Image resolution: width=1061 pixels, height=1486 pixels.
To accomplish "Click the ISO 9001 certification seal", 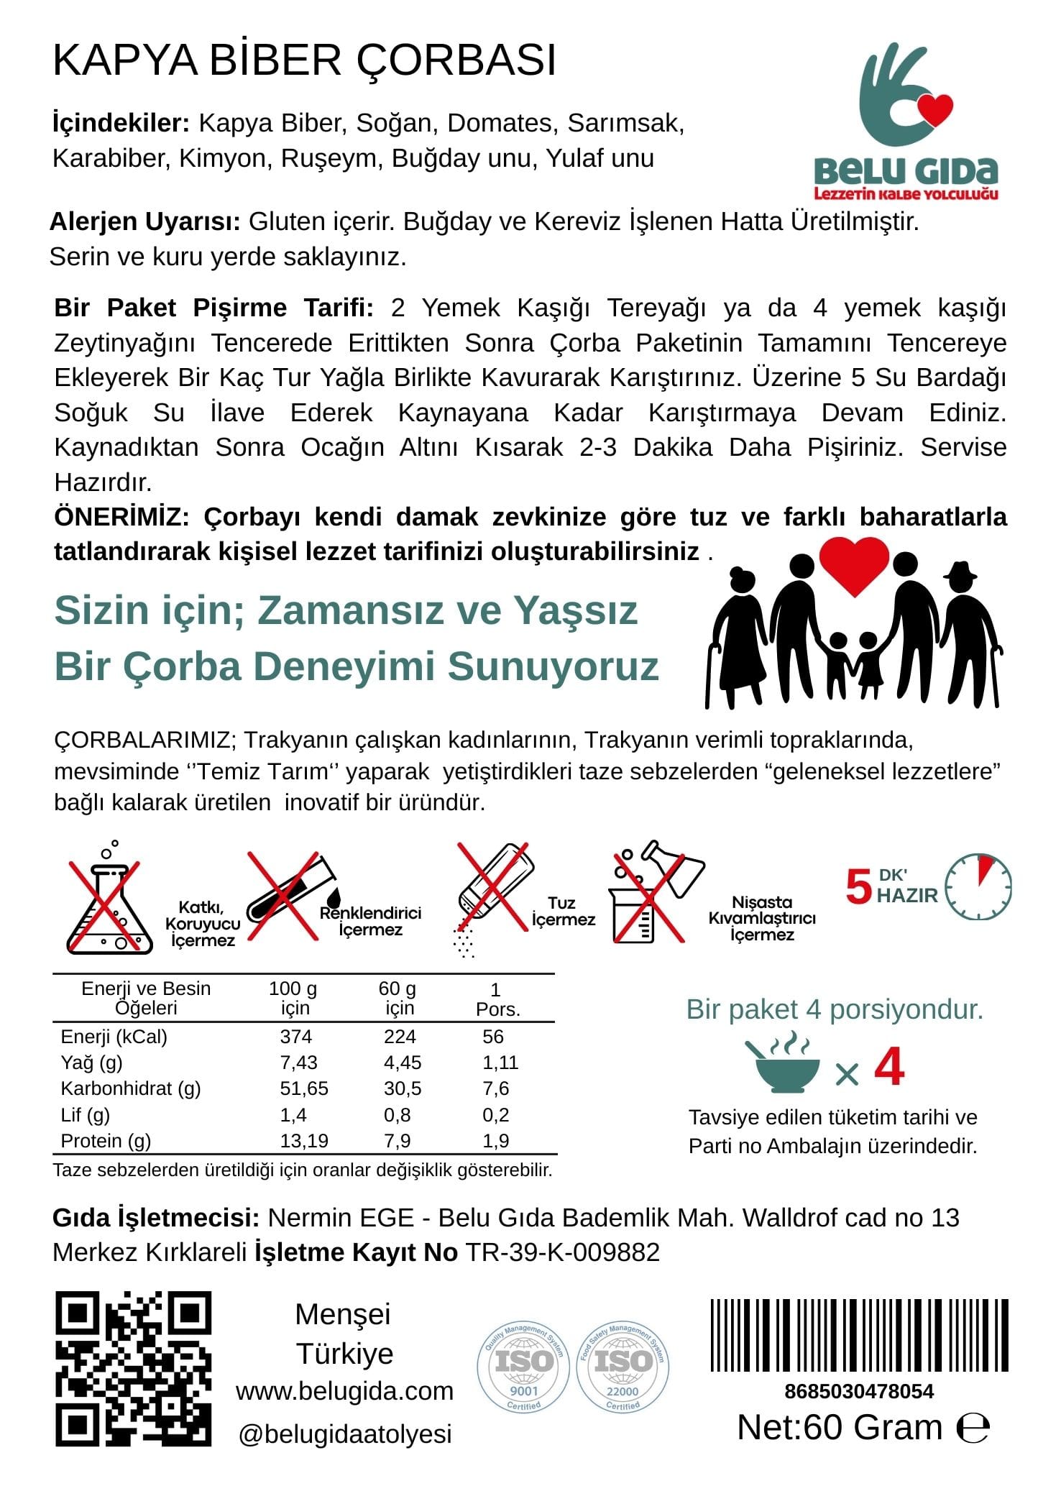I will pos(523,1367).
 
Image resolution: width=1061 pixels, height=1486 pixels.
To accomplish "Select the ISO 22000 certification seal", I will pos(623,1367).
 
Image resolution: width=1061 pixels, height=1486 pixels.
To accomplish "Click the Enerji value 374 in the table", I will pos(295,1037).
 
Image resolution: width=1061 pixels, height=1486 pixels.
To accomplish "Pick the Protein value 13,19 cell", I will pos(304,1140).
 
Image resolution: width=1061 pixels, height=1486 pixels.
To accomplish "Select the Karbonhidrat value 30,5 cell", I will pos(403,1088).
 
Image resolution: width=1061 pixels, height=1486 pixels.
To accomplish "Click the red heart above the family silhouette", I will pos(854,564).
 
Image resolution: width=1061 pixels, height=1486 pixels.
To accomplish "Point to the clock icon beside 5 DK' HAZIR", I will pos(978,886).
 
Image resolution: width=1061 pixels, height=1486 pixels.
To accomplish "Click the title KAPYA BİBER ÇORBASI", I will pos(305,60).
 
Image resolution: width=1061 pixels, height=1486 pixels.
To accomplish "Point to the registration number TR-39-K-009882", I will pos(563,1252).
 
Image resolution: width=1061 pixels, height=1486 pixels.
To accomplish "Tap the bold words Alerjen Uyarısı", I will pos(144,221).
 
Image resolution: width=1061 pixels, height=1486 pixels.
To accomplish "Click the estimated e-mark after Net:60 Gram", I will pos(973,1428).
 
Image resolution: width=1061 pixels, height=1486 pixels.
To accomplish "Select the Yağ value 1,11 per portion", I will pos(500,1063).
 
